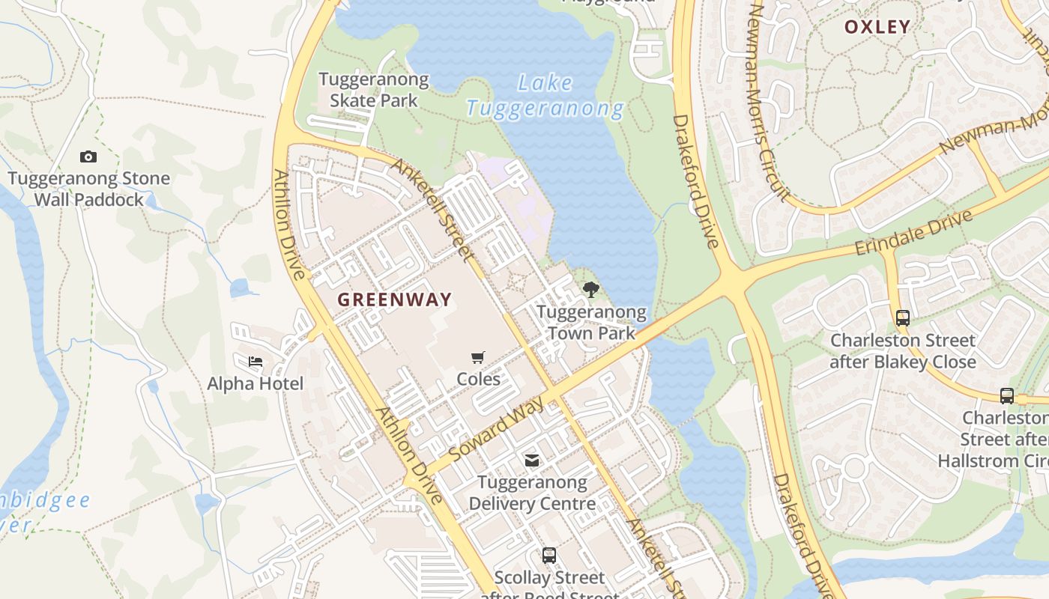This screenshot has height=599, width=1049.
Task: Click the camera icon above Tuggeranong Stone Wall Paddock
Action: pyautogui.click(x=88, y=156)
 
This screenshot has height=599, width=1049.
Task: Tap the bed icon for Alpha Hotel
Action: pyautogui.click(x=256, y=362)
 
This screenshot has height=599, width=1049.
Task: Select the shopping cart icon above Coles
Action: pyautogui.click(x=478, y=357)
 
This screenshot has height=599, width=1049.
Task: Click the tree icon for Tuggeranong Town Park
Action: pyautogui.click(x=591, y=289)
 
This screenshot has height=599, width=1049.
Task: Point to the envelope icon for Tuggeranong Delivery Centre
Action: pyautogui.click(x=532, y=460)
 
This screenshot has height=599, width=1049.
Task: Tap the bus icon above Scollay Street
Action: pyautogui.click(x=549, y=555)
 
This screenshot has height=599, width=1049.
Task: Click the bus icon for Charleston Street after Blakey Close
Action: pyautogui.click(x=903, y=317)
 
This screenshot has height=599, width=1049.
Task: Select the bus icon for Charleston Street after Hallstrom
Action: pyautogui.click(x=1007, y=395)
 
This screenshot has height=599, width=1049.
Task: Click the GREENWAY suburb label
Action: pyautogui.click(x=395, y=299)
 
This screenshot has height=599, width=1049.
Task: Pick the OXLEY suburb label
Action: pyautogui.click(x=877, y=27)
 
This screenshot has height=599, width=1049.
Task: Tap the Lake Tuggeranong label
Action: pyautogui.click(x=545, y=96)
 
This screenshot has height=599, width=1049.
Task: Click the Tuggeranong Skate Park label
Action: pyautogui.click(x=373, y=89)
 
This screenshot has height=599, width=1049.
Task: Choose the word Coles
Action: pyautogui.click(x=479, y=379)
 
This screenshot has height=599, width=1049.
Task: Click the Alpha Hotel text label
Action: pyautogui.click(x=256, y=383)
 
